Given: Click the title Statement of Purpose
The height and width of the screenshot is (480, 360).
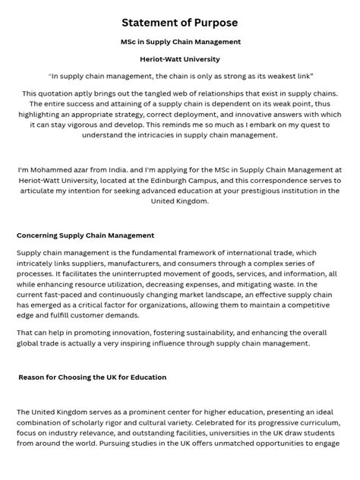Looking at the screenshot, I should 180,23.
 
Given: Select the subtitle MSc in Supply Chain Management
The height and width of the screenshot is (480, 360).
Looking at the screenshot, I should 180,41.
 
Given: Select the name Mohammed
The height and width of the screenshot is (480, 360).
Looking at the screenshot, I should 52,169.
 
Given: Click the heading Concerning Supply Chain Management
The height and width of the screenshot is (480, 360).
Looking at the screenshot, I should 85,236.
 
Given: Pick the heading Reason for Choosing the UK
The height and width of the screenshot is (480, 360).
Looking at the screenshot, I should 92,377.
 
